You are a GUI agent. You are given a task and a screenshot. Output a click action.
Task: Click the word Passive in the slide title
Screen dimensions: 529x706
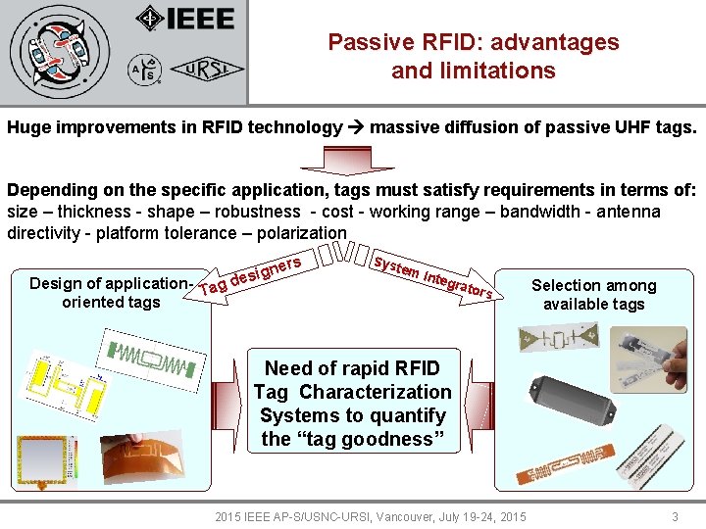(x=367, y=42)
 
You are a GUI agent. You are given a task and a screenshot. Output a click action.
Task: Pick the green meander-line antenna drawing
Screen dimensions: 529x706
(x=152, y=359)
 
